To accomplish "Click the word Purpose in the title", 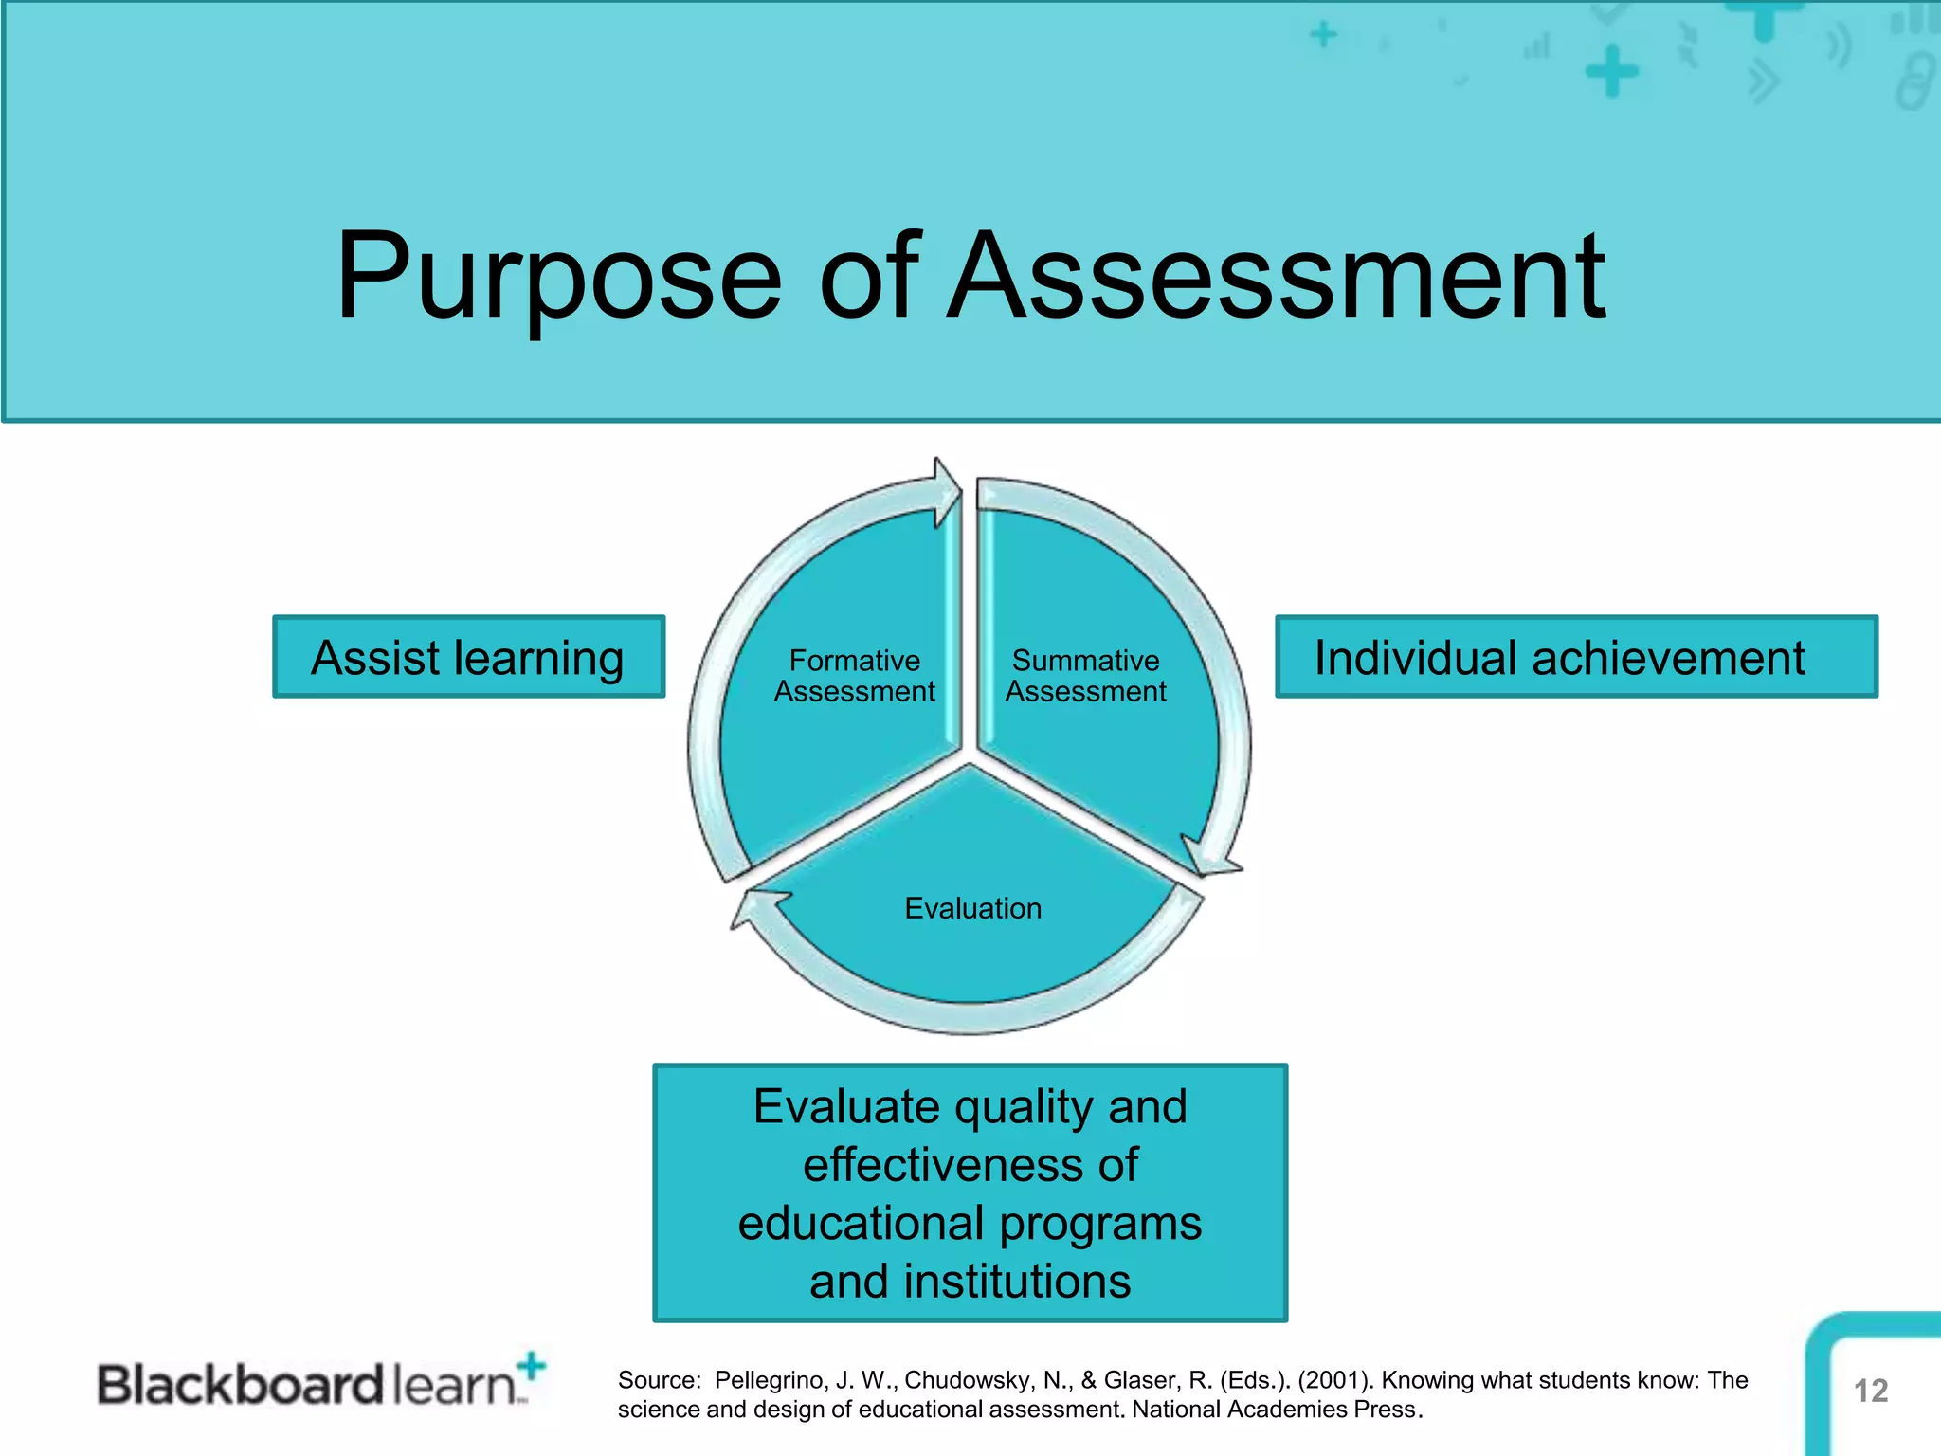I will point(559,277).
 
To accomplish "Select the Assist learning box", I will point(468,657).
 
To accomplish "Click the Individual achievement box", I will point(1575,657).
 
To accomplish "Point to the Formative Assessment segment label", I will point(854,676).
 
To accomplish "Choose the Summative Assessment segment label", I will point(1085,676).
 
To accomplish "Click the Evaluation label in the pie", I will point(972,908).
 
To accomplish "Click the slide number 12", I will point(1870,1391).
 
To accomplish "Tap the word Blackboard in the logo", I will point(240,1385).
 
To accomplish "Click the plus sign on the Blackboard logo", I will point(533,1366).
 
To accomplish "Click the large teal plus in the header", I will point(1611,73).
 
